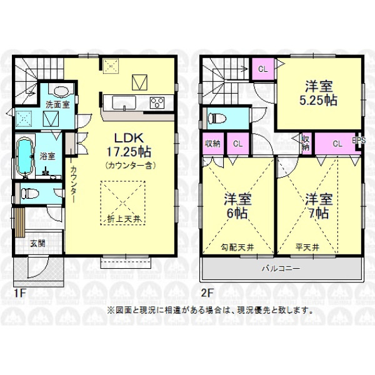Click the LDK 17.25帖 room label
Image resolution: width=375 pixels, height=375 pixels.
[129, 145]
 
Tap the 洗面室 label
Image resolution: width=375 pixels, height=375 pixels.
[57, 104]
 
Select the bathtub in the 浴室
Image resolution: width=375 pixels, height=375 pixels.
[24, 156]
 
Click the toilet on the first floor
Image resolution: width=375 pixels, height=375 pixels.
[29, 193]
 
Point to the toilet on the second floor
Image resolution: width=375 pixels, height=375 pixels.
[217, 118]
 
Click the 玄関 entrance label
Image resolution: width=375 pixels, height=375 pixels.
[37, 244]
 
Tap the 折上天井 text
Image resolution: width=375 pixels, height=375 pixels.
[123, 219]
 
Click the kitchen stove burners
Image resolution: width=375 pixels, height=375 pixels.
[157, 103]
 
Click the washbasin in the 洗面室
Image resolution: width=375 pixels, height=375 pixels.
[61, 91]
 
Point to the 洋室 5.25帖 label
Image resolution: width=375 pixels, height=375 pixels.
[319, 94]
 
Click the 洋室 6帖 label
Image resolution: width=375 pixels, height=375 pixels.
[237, 206]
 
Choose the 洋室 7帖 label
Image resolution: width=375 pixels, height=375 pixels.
[319, 206]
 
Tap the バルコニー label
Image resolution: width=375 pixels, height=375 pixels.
[281, 268]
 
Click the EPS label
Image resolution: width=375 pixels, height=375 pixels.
[359, 141]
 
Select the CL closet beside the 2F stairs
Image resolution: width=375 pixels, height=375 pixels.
[263, 69]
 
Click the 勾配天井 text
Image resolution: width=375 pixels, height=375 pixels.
[237, 247]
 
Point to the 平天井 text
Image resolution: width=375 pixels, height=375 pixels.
[307, 247]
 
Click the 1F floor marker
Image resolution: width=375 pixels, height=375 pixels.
[19, 293]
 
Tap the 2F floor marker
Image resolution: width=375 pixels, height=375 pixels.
[207, 293]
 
